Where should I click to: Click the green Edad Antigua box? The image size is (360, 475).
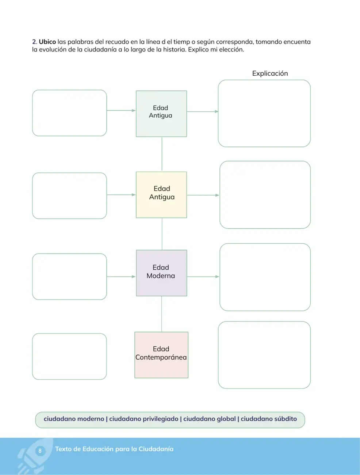pyautogui.click(x=161, y=114)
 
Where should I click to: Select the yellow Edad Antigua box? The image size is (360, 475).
pyautogui.click(x=161, y=195)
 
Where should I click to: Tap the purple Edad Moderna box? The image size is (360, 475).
pyautogui.click(x=161, y=273)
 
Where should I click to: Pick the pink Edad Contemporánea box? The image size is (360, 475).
pyautogui.click(x=161, y=355)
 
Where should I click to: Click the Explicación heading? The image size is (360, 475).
pyautogui.click(x=270, y=73)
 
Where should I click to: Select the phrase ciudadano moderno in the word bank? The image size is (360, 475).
pyautogui.click(x=74, y=419)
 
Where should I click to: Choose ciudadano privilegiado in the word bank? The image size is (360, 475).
pyautogui.click(x=144, y=419)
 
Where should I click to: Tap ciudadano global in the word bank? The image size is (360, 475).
pyautogui.click(x=210, y=419)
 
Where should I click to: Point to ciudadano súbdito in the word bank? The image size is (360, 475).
pyautogui.click(x=269, y=419)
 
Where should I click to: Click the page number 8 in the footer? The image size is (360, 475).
pyautogui.click(x=40, y=451)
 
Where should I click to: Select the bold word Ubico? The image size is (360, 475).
pyautogui.click(x=47, y=42)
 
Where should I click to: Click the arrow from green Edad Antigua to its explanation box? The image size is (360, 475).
pyautogui.click(x=203, y=111)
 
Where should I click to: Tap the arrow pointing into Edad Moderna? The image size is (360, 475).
pyautogui.click(x=121, y=277)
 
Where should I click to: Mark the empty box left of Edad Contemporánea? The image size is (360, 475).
pyautogui.click(x=69, y=357)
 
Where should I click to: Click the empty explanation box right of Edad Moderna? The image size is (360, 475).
pyautogui.click(x=265, y=277)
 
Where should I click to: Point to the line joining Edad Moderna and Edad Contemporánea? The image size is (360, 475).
pyautogui.click(x=161, y=314)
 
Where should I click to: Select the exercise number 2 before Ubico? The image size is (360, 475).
pyautogui.click(x=35, y=42)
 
